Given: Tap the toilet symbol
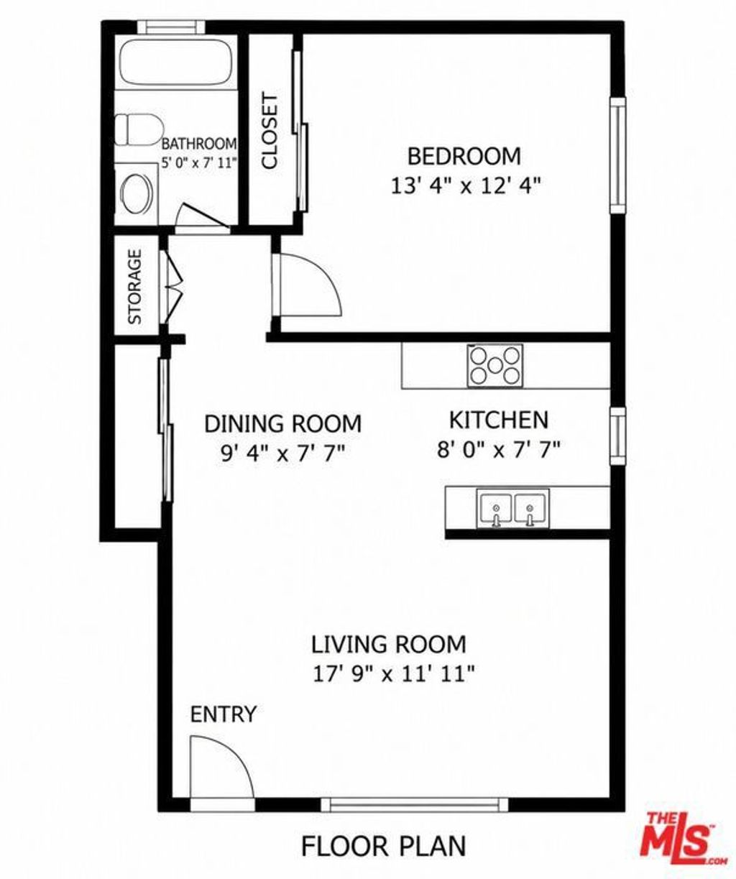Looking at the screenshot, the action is (139, 129).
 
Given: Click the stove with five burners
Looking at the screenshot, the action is (494, 365).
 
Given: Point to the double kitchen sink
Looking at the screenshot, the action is (512, 507).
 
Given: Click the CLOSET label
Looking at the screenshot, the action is (270, 132).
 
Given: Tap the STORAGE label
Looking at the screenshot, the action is (134, 287).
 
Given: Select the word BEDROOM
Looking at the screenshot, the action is (464, 156).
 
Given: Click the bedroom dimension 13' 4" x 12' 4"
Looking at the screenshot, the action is (465, 185).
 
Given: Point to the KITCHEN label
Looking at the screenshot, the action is (499, 420).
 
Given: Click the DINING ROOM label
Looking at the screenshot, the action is (283, 423).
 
